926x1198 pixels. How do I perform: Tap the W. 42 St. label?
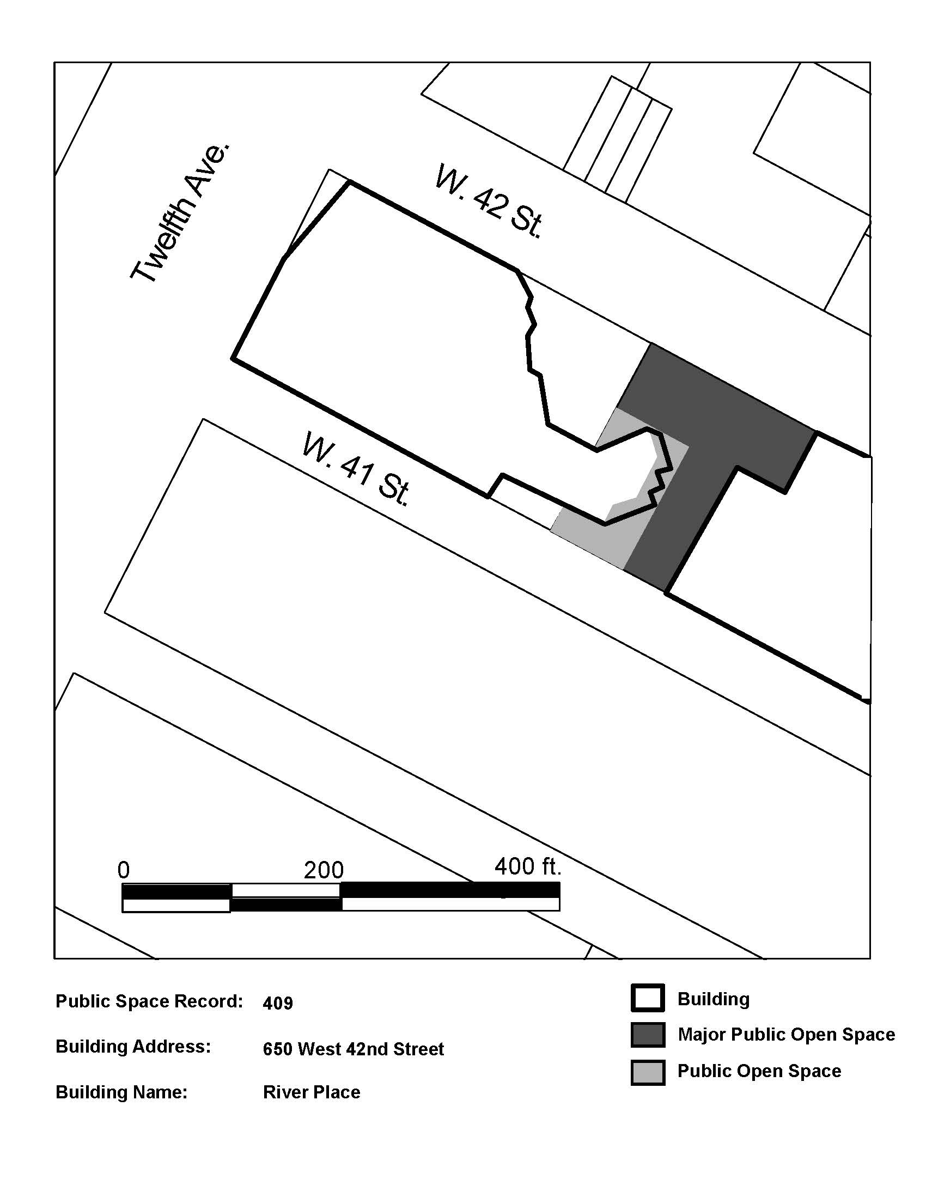tap(489, 201)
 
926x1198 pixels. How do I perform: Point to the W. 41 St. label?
tap(357, 469)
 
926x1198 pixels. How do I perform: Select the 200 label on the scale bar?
tap(324, 870)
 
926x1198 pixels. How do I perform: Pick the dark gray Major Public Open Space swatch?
tap(648, 1035)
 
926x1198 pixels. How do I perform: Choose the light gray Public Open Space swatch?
tap(648, 1072)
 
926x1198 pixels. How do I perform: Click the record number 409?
tap(278, 1003)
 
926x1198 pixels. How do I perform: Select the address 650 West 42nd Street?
tap(354, 1049)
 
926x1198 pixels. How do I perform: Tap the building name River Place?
tap(312, 1092)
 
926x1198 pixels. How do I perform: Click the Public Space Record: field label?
tap(149, 1001)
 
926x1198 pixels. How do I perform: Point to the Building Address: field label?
tap(133, 1047)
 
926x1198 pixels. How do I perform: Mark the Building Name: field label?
tap(122, 1092)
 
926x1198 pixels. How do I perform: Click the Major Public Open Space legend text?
tap(787, 1035)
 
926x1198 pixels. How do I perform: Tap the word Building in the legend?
tap(714, 999)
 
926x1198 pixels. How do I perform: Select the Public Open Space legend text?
tap(759, 1071)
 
